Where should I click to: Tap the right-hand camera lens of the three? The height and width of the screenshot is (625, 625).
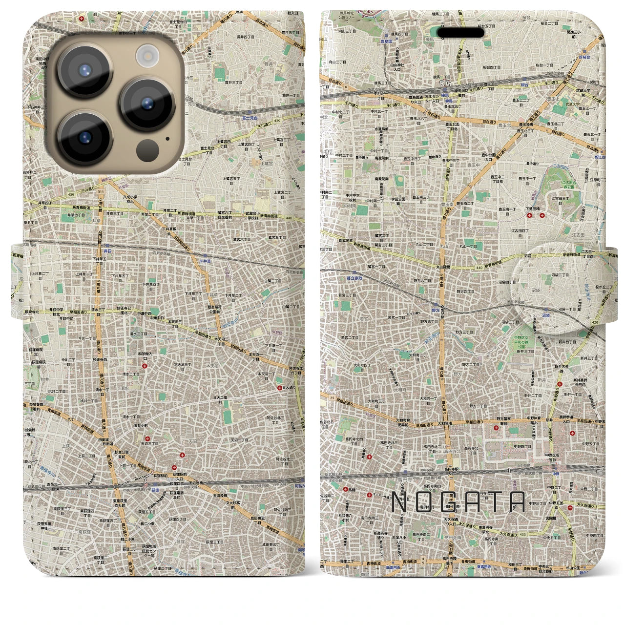147,104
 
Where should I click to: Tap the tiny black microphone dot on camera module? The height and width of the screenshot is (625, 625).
167,139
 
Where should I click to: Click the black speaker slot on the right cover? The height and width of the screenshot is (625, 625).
460,33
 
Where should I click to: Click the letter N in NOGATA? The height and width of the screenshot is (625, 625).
400,502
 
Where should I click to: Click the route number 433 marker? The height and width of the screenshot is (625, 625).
523,534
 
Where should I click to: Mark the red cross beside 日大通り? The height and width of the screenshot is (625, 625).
280,388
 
